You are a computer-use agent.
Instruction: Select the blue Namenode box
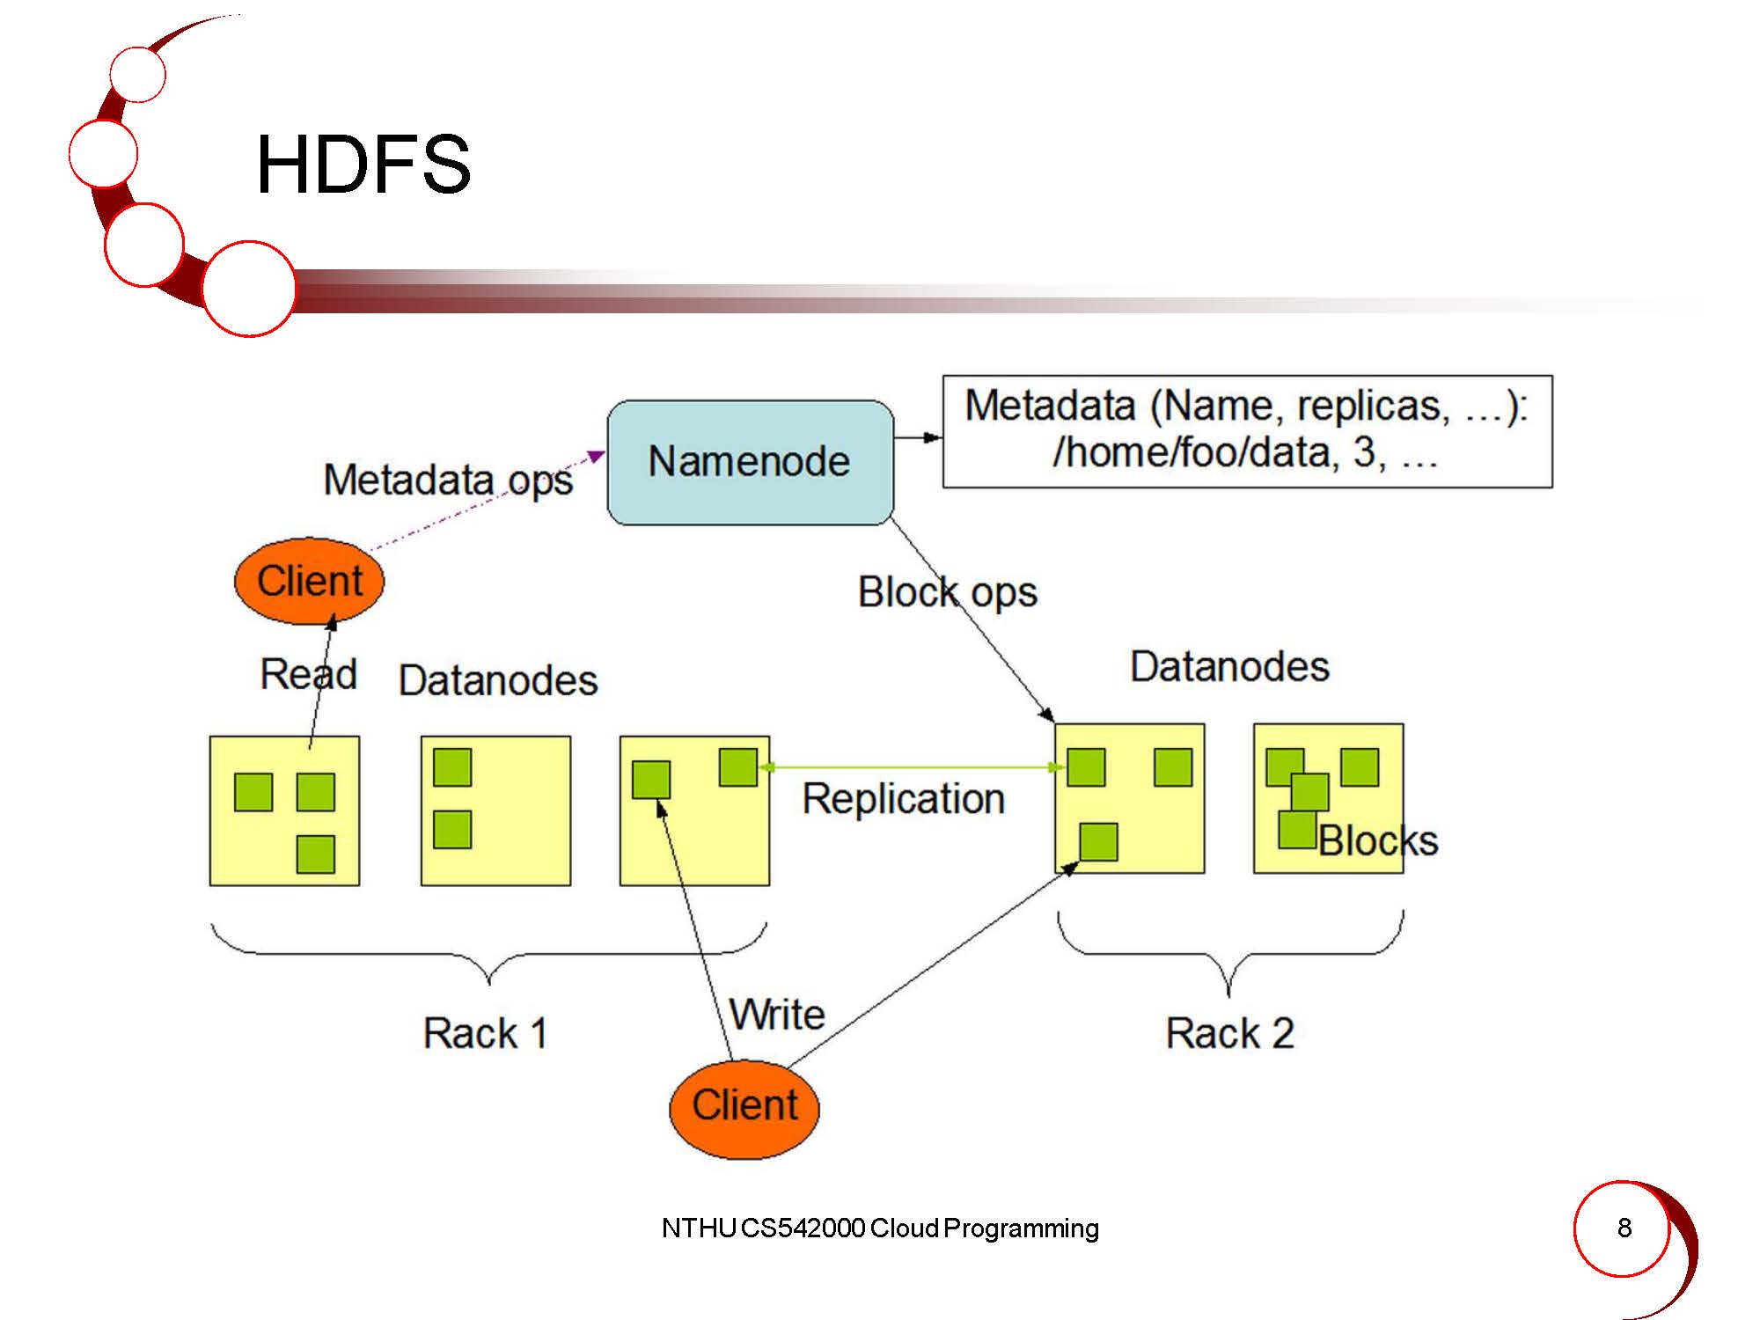pyautogui.click(x=750, y=462)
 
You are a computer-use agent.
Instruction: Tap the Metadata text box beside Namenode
pyautogui.click(x=1247, y=431)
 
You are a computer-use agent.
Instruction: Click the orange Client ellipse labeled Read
pyautogui.click(x=309, y=581)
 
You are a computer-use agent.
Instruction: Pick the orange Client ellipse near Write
pyautogui.click(x=744, y=1106)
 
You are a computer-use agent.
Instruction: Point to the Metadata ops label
pyautogui.click(x=448, y=480)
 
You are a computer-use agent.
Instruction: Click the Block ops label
pyautogui.click(x=947, y=592)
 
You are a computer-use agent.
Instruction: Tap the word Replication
pyautogui.click(x=903, y=799)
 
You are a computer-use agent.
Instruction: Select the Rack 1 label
pyautogui.click(x=485, y=1033)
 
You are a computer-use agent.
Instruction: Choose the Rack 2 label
pyautogui.click(x=1229, y=1033)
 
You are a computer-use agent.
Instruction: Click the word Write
pyautogui.click(x=778, y=1015)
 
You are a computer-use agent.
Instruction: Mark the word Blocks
pyautogui.click(x=1378, y=841)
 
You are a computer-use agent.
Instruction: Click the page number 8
pyautogui.click(x=1624, y=1228)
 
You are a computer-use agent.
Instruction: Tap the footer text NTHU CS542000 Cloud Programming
pyautogui.click(x=880, y=1228)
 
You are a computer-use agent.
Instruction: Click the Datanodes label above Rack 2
pyautogui.click(x=1229, y=667)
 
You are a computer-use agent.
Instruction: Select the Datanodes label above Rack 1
pyautogui.click(x=498, y=680)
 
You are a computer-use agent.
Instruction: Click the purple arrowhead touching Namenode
pyautogui.click(x=598, y=456)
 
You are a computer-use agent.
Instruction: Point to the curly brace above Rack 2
pyautogui.click(x=1229, y=955)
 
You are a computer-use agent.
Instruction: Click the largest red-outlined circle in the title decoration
pyautogui.click(x=249, y=289)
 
